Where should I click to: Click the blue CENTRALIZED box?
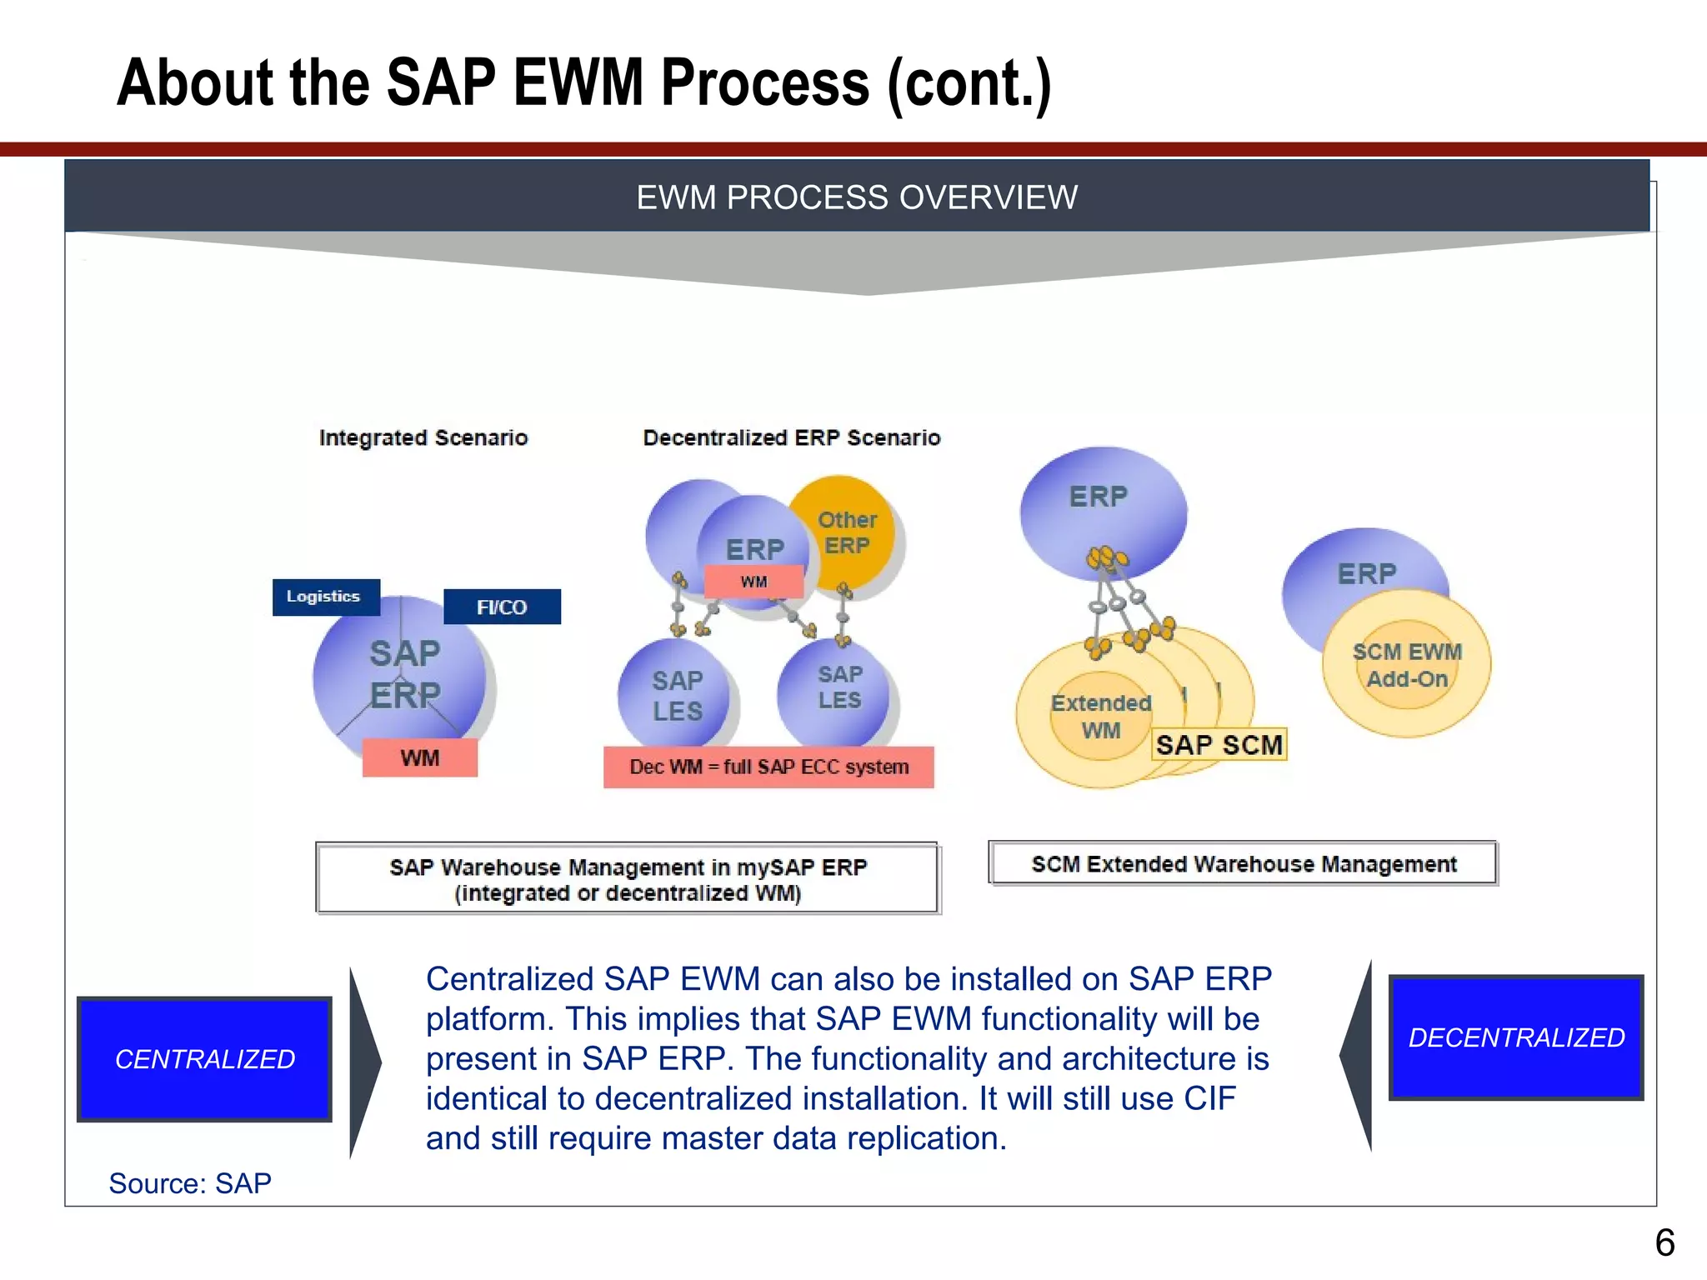(x=204, y=1058)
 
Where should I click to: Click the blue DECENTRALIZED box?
(x=1515, y=1037)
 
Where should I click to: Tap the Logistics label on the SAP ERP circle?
(x=325, y=597)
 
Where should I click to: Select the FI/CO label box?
(x=502, y=607)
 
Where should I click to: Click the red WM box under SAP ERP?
(x=420, y=757)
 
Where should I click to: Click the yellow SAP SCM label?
(x=1219, y=744)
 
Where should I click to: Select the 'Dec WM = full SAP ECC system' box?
(x=768, y=767)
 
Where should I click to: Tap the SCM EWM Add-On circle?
(x=1407, y=664)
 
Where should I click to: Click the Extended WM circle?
(x=1100, y=717)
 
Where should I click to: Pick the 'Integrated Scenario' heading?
(x=423, y=437)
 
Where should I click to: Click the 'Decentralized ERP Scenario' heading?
(x=791, y=437)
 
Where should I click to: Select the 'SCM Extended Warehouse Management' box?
(x=1243, y=863)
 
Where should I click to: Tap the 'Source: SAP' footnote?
(x=190, y=1183)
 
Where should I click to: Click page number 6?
(x=1664, y=1243)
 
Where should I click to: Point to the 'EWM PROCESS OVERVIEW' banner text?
(x=857, y=197)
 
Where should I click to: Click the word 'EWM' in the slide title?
(x=578, y=83)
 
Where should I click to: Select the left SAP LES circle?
(x=675, y=696)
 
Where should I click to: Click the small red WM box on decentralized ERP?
(x=753, y=582)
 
